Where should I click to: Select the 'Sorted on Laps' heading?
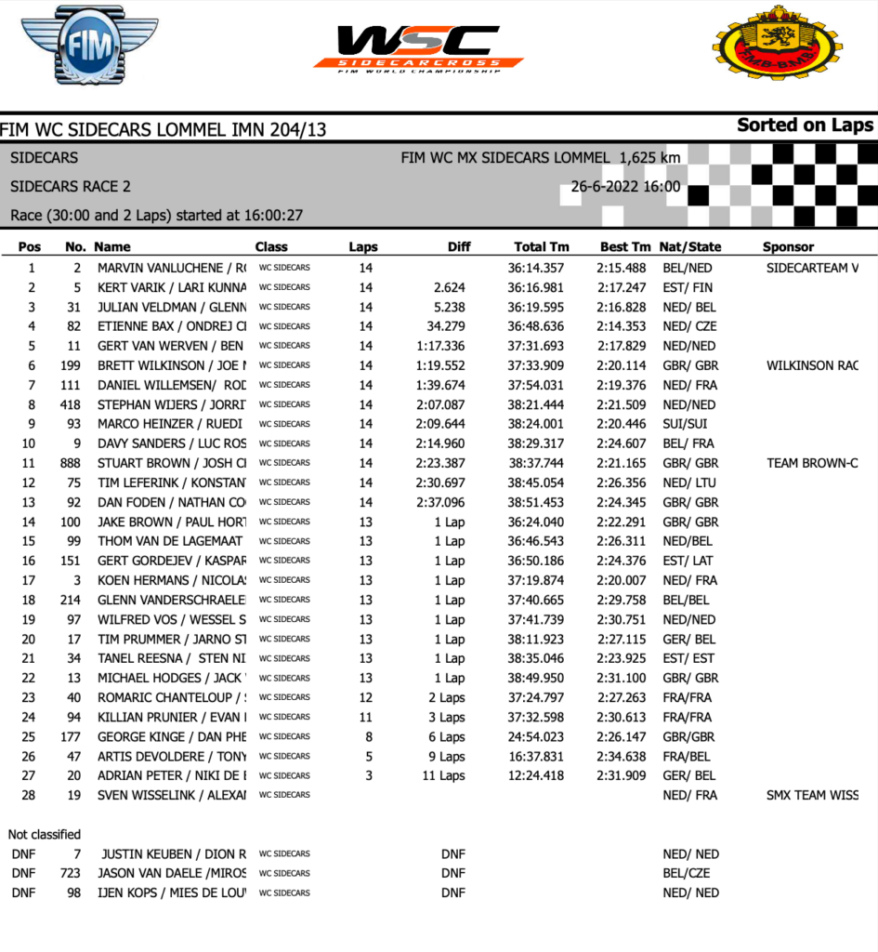pos(805,126)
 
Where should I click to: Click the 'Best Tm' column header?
pos(625,247)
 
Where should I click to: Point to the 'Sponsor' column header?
pos(788,247)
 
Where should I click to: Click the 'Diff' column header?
pos(458,247)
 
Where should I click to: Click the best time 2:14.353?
pos(622,326)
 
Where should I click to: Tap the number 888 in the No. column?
pos(70,463)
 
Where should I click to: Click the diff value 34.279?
pos(449,326)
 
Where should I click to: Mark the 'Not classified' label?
pos(45,834)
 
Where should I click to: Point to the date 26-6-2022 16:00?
pos(624,187)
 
